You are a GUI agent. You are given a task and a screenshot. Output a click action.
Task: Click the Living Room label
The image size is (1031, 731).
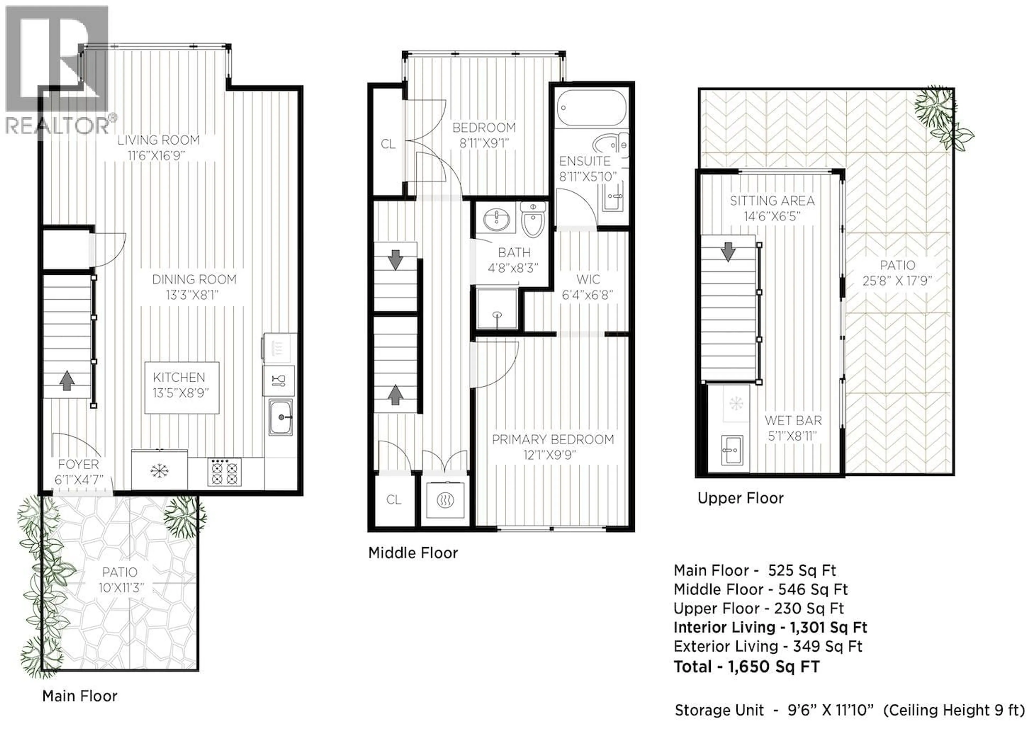click(x=158, y=140)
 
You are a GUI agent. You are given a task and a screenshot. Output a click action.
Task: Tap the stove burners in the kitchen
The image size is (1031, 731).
click(x=224, y=472)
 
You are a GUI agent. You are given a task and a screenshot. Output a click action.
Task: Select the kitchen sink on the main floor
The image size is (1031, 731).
click(x=281, y=417)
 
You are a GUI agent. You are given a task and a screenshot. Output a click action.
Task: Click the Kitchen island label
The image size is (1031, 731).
click(x=179, y=378)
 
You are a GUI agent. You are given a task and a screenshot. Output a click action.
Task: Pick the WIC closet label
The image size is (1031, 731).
click(x=588, y=280)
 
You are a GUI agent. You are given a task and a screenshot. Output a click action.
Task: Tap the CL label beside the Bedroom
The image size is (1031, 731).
click(x=388, y=144)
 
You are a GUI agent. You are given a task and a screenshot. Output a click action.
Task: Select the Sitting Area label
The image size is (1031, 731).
click(x=772, y=201)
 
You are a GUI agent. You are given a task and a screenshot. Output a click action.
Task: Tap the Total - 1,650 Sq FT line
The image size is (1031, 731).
click(x=746, y=667)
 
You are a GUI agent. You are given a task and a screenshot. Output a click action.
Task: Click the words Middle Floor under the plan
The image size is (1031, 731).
click(x=413, y=553)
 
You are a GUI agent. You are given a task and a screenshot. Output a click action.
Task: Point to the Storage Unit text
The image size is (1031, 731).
click(x=719, y=710)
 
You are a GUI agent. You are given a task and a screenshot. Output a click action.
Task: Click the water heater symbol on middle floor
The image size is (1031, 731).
click(x=445, y=500)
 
